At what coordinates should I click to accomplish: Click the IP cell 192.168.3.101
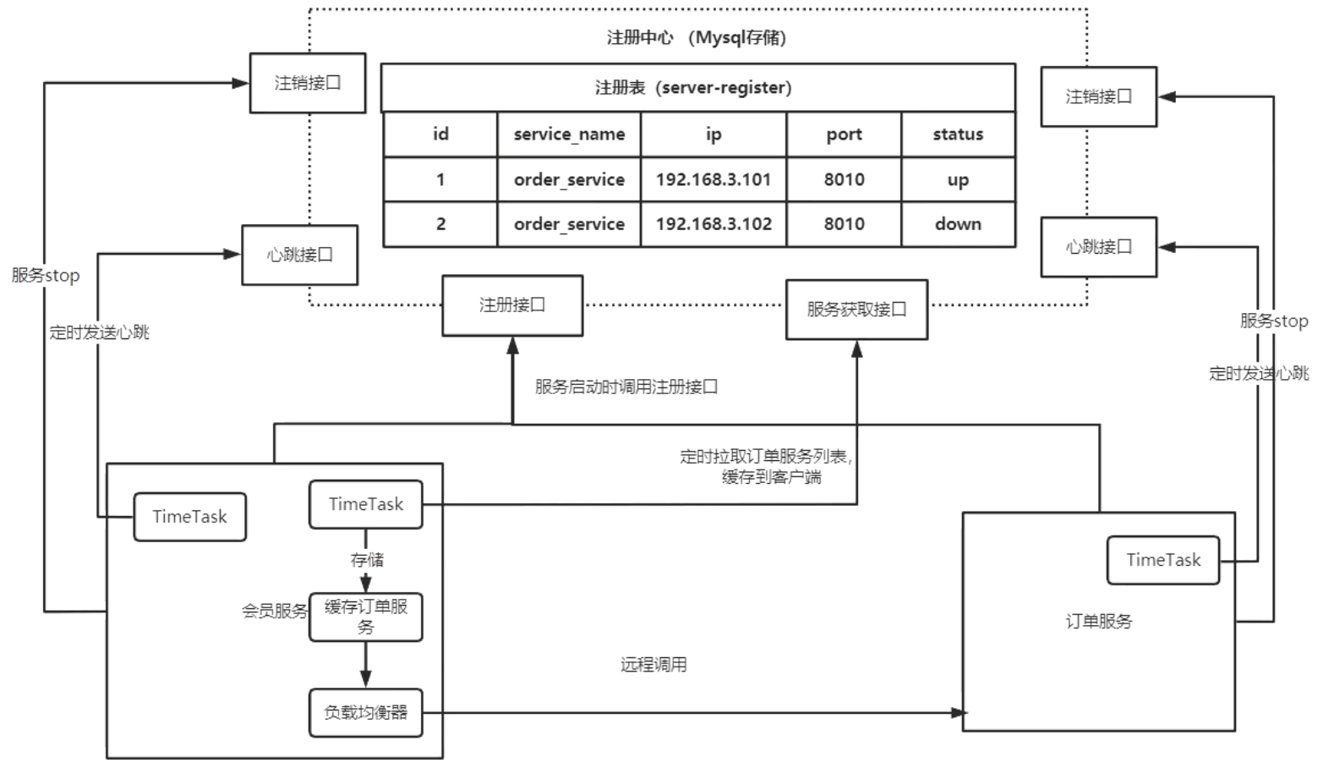click(x=713, y=179)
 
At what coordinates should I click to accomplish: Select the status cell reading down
click(x=958, y=224)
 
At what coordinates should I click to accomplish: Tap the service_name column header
click(x=569, y=134)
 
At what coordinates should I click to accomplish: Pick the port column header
click(x=844, y=134)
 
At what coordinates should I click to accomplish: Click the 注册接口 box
click(x=512, y=305)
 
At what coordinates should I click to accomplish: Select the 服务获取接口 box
click(x=856, y=310)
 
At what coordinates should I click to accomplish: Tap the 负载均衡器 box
click(x=365, y=713)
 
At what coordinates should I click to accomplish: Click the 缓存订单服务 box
click(x=365, y=617)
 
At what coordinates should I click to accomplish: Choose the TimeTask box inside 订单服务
click(x=1163, y=560)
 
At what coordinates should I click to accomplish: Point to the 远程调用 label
click(x=654, y=665)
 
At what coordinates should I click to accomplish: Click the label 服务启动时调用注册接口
click(x=626, y=387)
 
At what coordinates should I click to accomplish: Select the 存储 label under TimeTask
click(x=367, y=560)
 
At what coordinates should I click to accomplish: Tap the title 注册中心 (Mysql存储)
click(x=697, y=38)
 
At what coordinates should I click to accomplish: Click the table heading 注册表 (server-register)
click(x=693, y=88)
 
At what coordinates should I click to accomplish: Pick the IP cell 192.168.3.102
click(x=714, y=224)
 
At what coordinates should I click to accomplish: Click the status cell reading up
click(x=958, y=179)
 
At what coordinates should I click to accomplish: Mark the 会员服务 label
click(x=274, y=611)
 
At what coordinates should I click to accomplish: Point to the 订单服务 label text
click(x=1098, y=622)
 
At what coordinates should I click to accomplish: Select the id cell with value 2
click(x=440, y=224)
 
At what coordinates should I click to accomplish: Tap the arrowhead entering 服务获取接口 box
click(x=856, y=349)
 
